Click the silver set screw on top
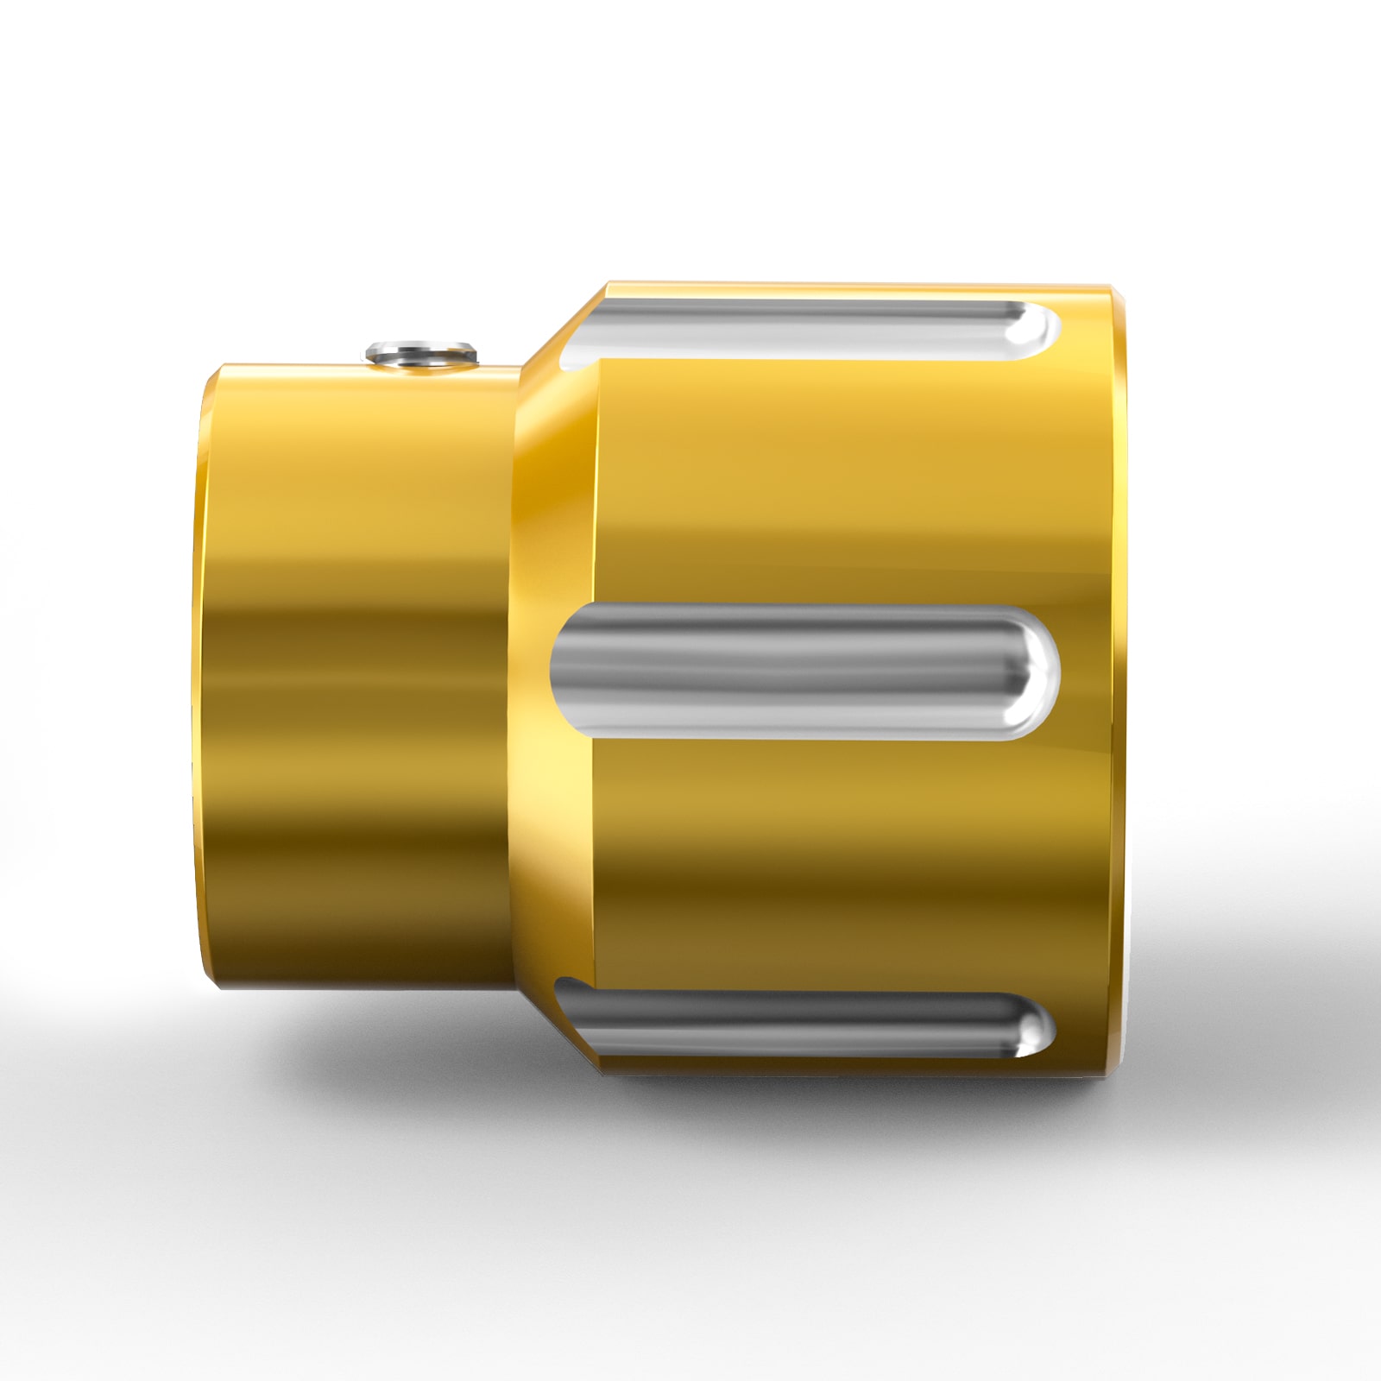pyautogui.click(x=420, y=352)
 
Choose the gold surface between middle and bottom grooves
pyautogui.click(x=820, y=854)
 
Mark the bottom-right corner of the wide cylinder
pyautogui.click(x=1113, y=1070)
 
